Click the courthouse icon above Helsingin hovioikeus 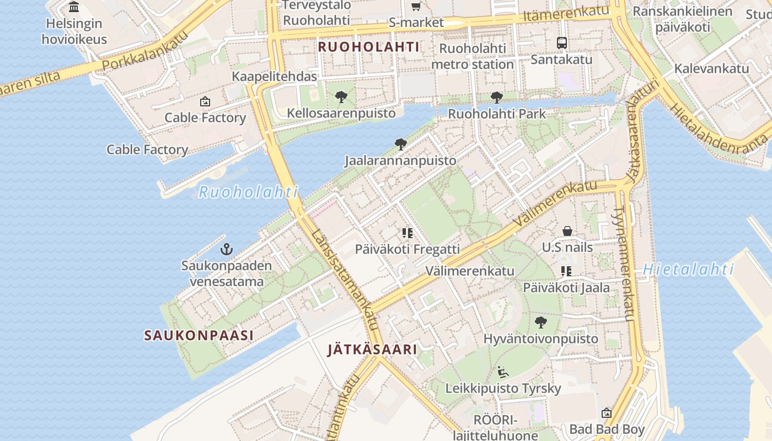tap(74, 7)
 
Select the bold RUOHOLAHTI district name tap(368, 47)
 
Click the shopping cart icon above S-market tap(416, 7)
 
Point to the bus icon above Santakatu tap(561, 42)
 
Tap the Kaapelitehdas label tap(274, 77)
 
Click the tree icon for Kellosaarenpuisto tap(341, 98)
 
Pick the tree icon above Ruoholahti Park tap(496, 98)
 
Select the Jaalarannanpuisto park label tap(400, 161)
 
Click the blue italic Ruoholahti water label tap(248, 192)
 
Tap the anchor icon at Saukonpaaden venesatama tap(226, 249)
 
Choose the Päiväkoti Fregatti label tap(407, 249)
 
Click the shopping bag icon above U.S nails tap(567, 231)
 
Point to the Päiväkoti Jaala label tap(566, 287)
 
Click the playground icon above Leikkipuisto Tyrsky tap(502, 372)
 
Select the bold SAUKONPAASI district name tap(199, 335)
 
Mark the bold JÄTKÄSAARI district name tap(372, 349)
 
